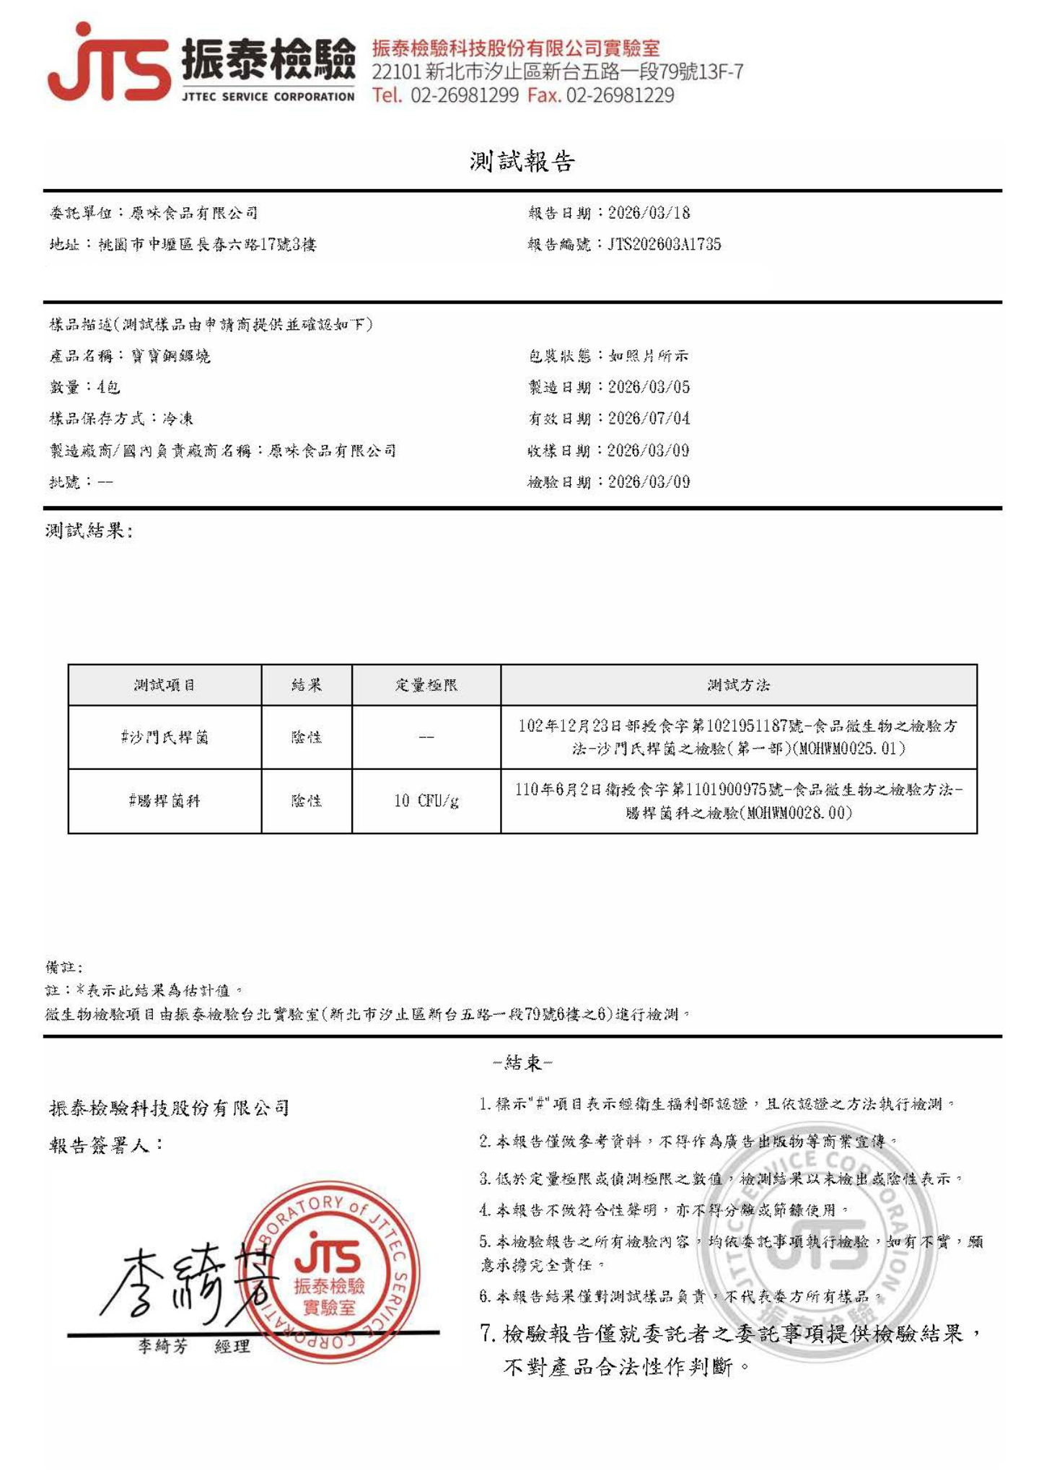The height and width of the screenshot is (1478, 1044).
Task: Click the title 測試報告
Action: [x=522, y=161]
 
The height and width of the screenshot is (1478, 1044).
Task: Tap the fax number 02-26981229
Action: [x=620, y=95]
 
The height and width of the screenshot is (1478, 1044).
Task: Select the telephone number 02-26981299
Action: [x=465, y=95]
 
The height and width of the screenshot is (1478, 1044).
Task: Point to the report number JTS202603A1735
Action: [x=664, y=244]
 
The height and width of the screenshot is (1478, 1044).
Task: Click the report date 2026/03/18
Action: [x=649, y=213]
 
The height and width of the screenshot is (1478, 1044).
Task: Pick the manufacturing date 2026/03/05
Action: [x=649, y=387]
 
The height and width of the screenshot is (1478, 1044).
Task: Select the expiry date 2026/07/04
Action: [x=649, y=419]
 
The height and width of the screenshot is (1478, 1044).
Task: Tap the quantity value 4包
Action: [x=108, y=387]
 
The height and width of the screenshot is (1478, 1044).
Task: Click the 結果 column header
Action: [x=307, y=685]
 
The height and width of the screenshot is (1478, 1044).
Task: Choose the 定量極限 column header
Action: [x=426, y=685]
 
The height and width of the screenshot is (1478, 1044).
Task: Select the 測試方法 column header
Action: [x=738, y=685]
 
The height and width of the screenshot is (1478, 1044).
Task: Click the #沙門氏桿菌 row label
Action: [x=165, y=738]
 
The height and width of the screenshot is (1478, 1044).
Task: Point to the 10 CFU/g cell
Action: [x=426, y=800]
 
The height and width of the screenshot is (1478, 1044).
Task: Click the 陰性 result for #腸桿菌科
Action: [x=307, y=800]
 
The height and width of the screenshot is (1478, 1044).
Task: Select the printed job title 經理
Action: [x=232, y=1346]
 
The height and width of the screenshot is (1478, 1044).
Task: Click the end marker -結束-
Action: [x=522, y=1062]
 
